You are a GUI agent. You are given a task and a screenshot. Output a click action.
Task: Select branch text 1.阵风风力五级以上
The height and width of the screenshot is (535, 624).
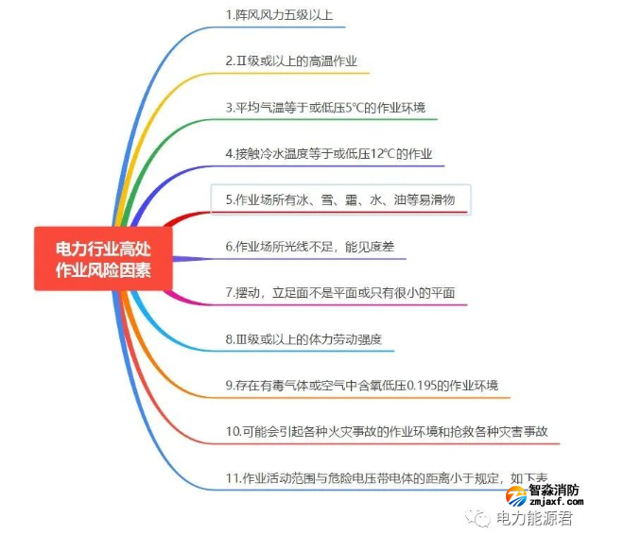coord(279,16)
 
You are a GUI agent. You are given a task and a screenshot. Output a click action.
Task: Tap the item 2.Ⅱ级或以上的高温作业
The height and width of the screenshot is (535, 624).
coord(291,61)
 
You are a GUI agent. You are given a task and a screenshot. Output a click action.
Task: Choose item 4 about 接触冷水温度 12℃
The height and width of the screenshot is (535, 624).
coord(329,153)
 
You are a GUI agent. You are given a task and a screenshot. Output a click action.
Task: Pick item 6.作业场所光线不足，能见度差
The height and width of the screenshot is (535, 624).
coord(310,246)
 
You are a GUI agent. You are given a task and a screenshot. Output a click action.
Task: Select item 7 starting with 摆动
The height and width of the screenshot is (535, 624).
coord(339,292)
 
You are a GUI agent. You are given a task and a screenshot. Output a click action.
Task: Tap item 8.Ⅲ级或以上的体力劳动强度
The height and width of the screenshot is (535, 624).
coord(303,338)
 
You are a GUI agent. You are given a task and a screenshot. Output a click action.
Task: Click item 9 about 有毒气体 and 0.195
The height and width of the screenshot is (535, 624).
coord(362,385)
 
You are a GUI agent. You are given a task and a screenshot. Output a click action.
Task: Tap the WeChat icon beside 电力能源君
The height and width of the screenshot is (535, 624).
coord(482,518)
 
